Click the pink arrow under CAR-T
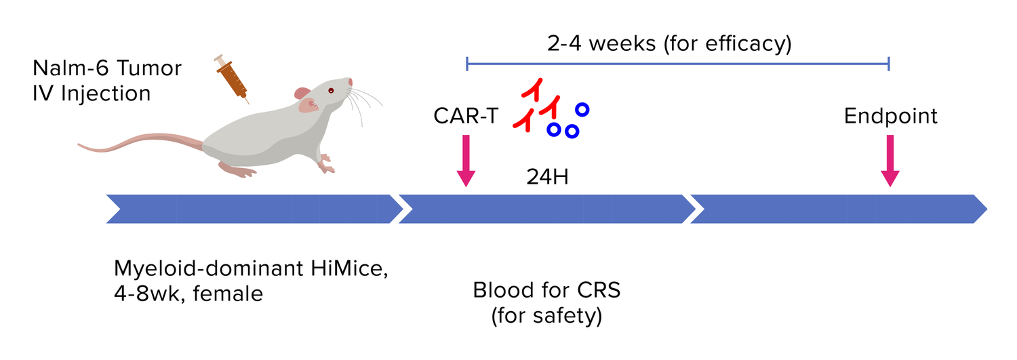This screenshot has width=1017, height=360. point(465,161)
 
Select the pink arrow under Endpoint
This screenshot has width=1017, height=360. point(890,161)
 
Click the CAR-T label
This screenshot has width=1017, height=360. point(465,117)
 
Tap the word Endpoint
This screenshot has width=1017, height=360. point(890,117)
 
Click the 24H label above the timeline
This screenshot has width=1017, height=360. point(546,177)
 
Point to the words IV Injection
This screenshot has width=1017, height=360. point(92,93)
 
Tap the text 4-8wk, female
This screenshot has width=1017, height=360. point(188,295)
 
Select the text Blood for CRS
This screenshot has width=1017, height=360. point(546,292)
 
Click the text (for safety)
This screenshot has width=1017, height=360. point(546,316)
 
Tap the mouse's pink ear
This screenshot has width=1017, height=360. point(302,94)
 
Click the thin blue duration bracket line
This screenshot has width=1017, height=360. point(678,64)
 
